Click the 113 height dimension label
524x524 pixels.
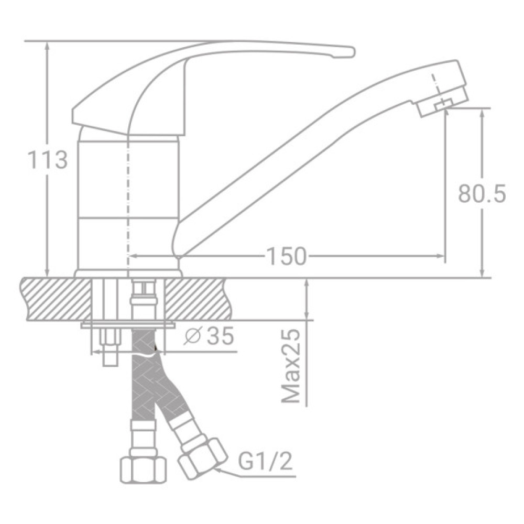47,159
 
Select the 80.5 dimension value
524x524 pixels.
481,193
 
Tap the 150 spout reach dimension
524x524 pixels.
286,256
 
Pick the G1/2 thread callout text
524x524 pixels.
265,462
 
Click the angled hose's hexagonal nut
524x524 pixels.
203,457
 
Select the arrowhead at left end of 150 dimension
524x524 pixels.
132,256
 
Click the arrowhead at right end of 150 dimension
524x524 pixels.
441,256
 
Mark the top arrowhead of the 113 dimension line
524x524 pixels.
48,45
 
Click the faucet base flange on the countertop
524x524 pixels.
128,274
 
